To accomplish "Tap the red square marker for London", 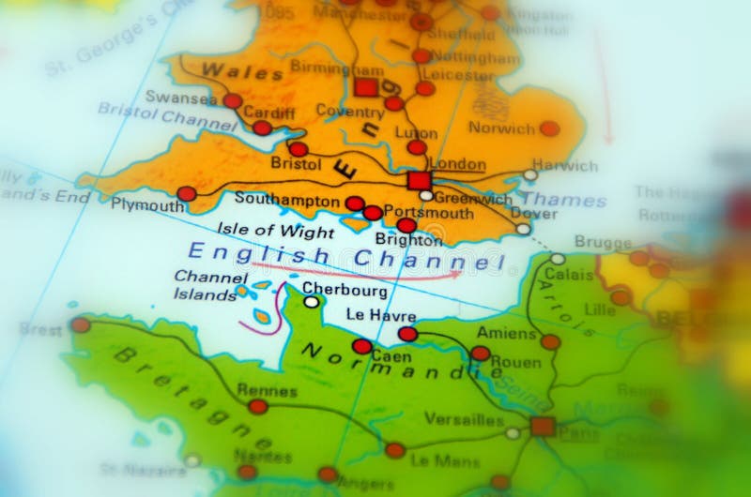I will tap(419, 181).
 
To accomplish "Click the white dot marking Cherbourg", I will tap(311, 302).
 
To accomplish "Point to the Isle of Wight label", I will tap(276, 231).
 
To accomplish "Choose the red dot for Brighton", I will tap(406, 226).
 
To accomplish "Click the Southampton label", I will tap(287, 200).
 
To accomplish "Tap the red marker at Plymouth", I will tap(187, 194).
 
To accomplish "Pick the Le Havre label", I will tap(381, 316).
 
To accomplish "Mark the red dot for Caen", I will tap(361, 346).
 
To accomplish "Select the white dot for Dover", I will tap(523, 229).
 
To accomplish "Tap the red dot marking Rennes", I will tap(257, 406).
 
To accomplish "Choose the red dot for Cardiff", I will tap(262, 128).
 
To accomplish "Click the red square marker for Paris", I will tap(542, 427).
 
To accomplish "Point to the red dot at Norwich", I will tap(549, 128).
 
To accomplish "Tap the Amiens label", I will tap(506, 333).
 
